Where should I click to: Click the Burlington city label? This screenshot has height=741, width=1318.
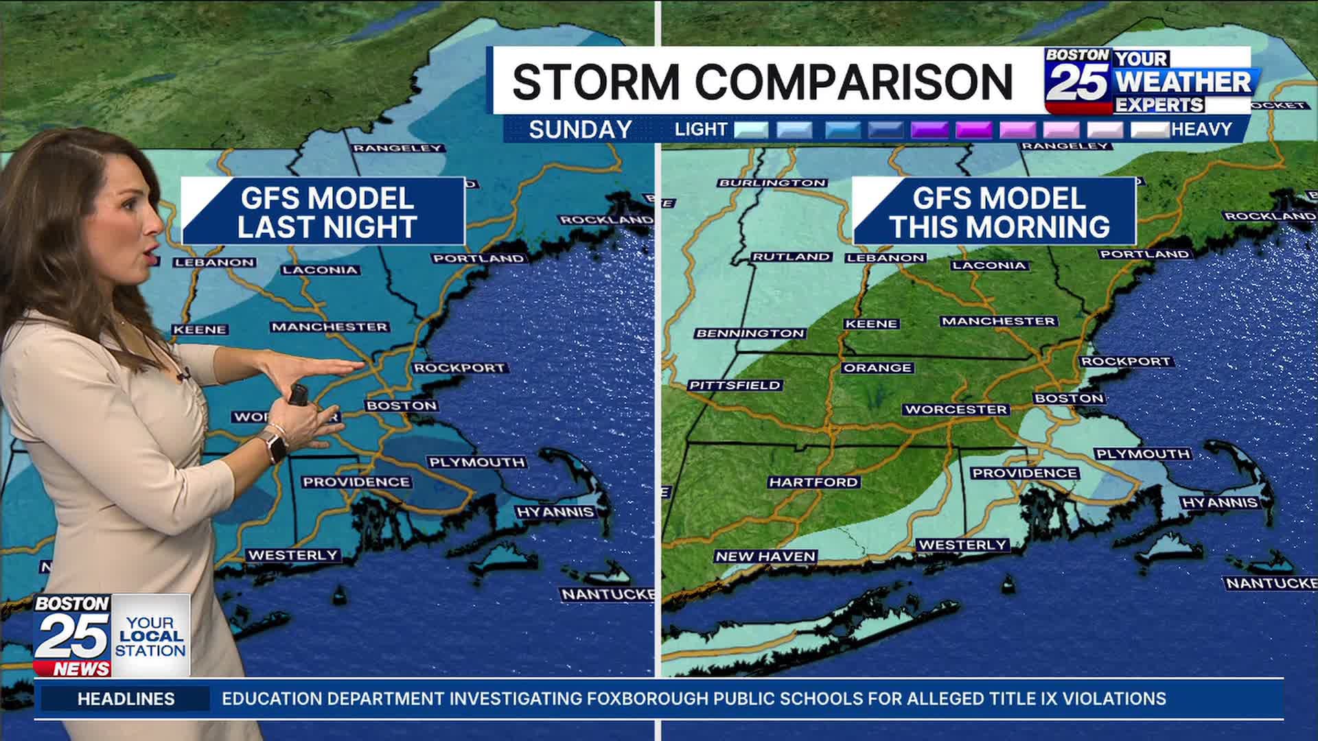pos(772,183)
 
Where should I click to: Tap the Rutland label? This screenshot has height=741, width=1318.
pos(791,257)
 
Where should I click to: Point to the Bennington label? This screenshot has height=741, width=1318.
pos(749,333)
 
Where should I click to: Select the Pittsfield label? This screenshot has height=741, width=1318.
pos(735,386)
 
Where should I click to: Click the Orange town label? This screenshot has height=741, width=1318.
pos(877,368)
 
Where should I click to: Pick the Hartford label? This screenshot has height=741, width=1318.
pos(813,482)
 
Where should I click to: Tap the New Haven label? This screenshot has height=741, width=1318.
pos(765,556)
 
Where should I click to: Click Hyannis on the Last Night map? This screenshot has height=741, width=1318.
pos(555,513)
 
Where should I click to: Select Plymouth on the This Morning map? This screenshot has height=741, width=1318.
pos(1142,454)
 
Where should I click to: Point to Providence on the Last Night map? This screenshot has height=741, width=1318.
pos(356,482)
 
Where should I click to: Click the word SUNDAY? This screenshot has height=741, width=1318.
pos(580,130)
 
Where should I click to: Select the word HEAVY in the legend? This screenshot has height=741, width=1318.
pos(1201,130)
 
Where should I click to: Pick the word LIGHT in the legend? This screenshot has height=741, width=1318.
pos(700,130)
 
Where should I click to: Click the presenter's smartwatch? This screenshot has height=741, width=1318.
pos(275,447)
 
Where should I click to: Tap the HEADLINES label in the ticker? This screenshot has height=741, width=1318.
pos(126,699)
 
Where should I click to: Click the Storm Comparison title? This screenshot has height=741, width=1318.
pos(762,81)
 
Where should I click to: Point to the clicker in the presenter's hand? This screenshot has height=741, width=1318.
pos(299,394)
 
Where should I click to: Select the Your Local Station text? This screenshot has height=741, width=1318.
pos(150,636)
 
